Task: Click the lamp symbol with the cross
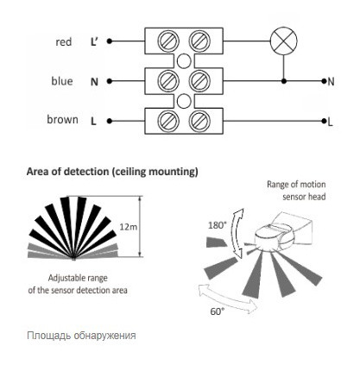click(284, 41)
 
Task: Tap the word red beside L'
click(64, 42)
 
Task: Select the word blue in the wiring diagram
click(62, 81)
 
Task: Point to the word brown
click(62, 119)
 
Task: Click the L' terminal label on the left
click(94, 42)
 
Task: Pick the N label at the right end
click(332, 82)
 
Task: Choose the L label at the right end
click(330, 123)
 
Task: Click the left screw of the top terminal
click(168, 41)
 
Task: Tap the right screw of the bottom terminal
click(199, 121)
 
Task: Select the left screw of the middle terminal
click(168, 81)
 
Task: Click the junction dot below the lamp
click(284, 81)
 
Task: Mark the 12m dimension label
click(129, 227)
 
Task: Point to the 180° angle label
click(216, 225)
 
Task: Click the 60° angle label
click(218, 312)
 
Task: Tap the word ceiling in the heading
click(129, 172)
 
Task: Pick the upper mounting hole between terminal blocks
click(184, 61)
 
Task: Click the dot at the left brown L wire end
click(110, 121)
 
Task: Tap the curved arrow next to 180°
click(237, 234)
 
